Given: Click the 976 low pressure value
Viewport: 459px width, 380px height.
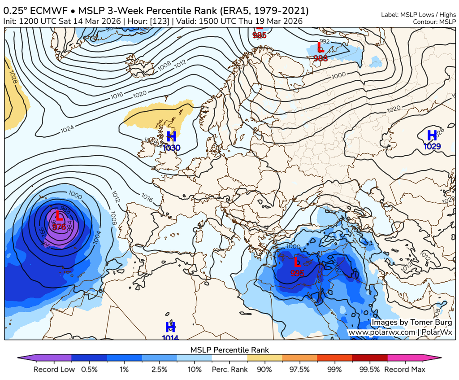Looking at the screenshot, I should [59, 227].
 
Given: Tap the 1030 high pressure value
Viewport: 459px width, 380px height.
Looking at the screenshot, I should [172, 148].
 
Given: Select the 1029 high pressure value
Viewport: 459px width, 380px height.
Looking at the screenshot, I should [432, 146].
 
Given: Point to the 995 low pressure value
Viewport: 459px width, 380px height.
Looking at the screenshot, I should [297, 273].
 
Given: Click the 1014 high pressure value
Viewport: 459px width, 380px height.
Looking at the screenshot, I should [170, 338].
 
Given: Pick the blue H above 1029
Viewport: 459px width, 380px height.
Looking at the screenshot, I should [432, 135].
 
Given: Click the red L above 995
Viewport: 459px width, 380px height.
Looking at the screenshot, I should [297, 262].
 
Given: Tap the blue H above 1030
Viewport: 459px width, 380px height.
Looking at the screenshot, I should [171, 136].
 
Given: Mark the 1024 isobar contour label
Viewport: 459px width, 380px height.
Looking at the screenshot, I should [67, 130].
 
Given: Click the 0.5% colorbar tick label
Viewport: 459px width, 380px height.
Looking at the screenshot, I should [89, 370].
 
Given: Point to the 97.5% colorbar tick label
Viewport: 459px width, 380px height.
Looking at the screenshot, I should [299, 370].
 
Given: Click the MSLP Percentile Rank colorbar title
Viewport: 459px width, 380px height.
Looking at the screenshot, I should [229, 349].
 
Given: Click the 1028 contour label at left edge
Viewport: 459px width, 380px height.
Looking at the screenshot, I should [13, 79].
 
